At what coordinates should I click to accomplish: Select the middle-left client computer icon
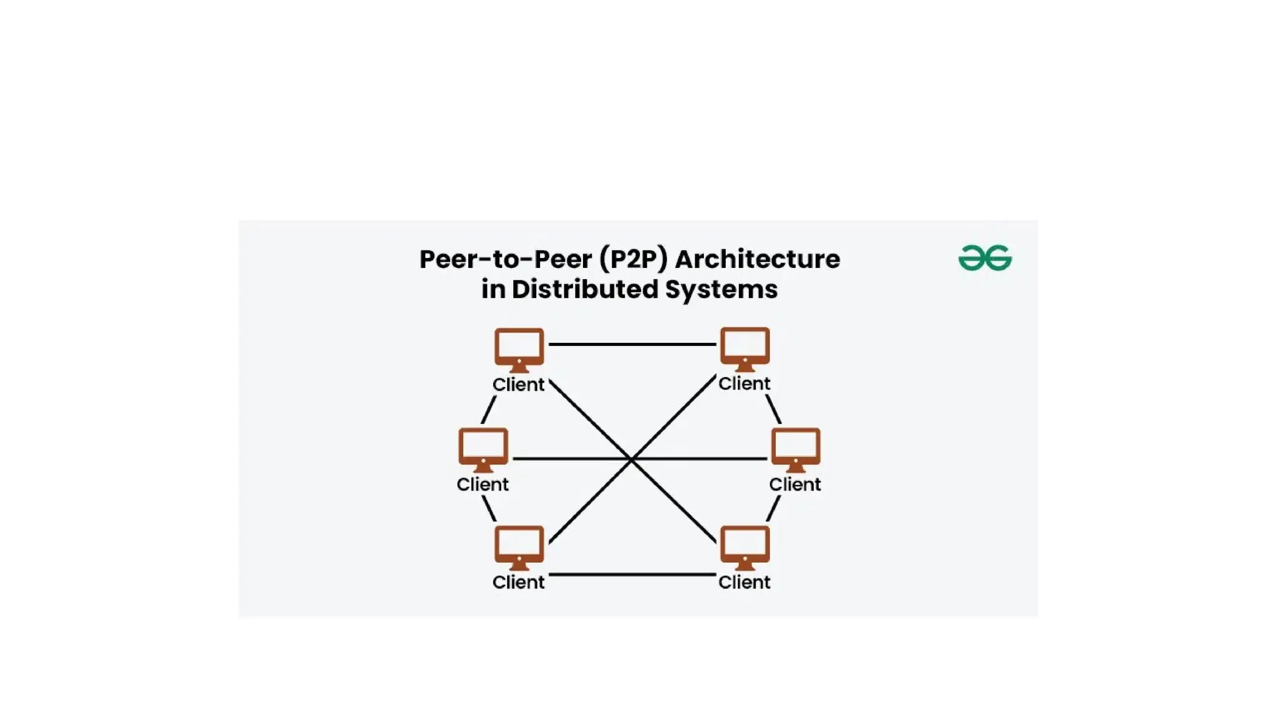[x=483, y=449]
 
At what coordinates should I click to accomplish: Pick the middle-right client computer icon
[x=796, y=449]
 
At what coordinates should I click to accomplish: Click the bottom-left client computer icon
[x=519, y=547]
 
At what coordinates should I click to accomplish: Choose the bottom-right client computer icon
[x=745, y=547]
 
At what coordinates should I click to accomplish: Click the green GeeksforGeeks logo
[x=985, y=258]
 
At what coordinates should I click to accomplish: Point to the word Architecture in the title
[x=758, y=259]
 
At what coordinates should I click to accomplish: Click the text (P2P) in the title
[x=634, y=259]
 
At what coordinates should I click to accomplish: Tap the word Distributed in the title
[x=584, y=289]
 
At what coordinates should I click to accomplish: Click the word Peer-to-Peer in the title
[x=505, y=259]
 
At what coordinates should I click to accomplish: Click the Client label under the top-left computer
[x=518, y=385]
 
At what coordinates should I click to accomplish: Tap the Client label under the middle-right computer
[x=794, y=484]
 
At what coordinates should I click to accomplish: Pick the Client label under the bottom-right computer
[x=744, y=582]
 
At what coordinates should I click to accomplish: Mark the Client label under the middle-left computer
[x=482, y=484]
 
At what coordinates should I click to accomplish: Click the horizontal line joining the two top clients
[x=632, y=344]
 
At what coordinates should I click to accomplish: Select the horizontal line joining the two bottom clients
[x=632, y=574]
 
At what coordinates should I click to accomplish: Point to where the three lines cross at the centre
[x=632, y=459]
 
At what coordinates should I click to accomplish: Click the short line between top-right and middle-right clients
[x=773, y=409]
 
